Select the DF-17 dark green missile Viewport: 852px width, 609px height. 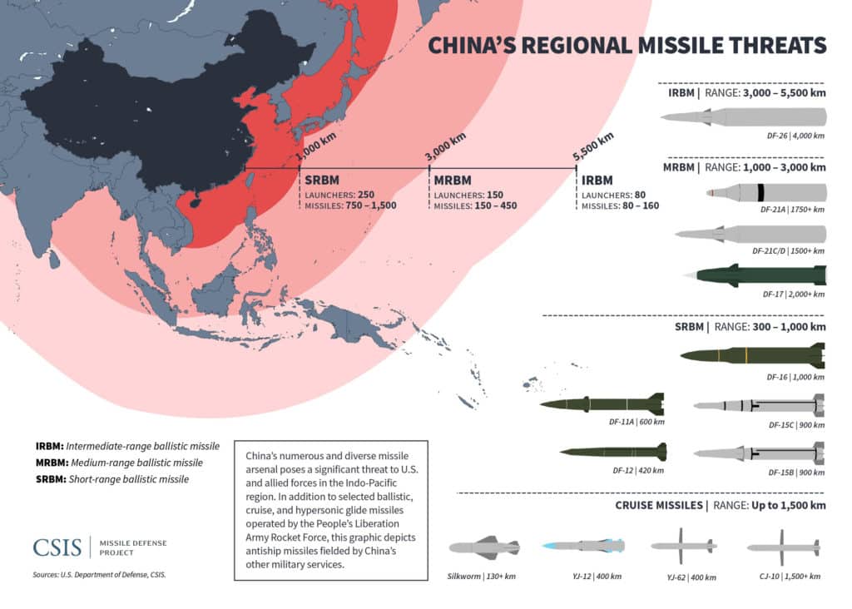coord(754,275)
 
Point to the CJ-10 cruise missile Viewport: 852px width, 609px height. coord(783,547)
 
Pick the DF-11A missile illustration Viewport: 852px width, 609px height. coord(602,404)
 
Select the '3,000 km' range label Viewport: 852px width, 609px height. coord(445,146)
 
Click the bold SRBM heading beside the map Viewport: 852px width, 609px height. coord(322,180)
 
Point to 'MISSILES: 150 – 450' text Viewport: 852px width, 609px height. coord(474,205)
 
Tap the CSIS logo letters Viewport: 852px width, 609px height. coord(57,547)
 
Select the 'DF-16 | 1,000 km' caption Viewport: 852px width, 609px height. coord(795,377)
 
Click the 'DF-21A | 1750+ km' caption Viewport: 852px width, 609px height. coord(793,210)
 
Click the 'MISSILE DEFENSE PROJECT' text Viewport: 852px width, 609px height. coord(132,547)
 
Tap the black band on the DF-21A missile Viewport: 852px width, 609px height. coord(760,193)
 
